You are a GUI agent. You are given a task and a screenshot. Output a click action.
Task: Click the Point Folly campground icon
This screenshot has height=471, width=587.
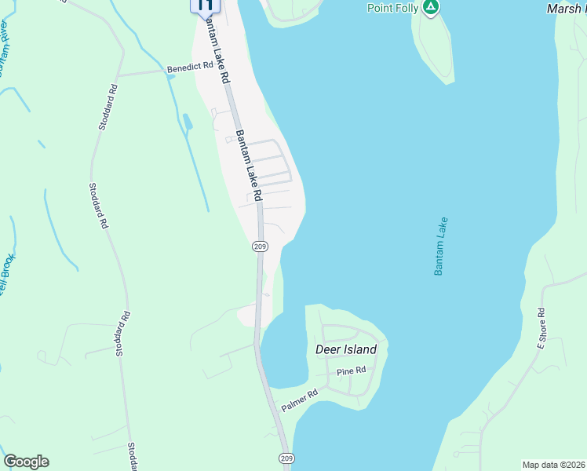point(430,8)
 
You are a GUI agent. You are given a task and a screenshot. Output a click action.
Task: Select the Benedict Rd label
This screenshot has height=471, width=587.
point(190,68)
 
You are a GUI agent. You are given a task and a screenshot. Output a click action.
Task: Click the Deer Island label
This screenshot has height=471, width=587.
point(345,349)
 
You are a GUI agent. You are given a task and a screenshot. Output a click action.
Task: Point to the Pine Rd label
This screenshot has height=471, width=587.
point(351,371)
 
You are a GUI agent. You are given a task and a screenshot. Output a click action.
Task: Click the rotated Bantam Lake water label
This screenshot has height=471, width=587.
point(440,246)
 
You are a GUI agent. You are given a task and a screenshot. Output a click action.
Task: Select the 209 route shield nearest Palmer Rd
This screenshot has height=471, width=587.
point(285,458)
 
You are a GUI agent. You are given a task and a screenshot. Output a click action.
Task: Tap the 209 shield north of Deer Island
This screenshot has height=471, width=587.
point(261,246)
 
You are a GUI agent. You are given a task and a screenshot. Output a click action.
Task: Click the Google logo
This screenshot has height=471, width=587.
point(26,462)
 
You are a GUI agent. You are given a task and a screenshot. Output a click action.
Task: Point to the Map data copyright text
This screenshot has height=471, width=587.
point(553,465)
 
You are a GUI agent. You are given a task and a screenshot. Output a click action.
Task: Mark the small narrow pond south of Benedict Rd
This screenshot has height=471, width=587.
point(187,123)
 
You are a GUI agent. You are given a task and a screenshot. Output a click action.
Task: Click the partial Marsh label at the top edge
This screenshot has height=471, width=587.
point(566,9)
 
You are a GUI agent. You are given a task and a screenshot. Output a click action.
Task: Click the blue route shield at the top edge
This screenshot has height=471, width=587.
point(205,6)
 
